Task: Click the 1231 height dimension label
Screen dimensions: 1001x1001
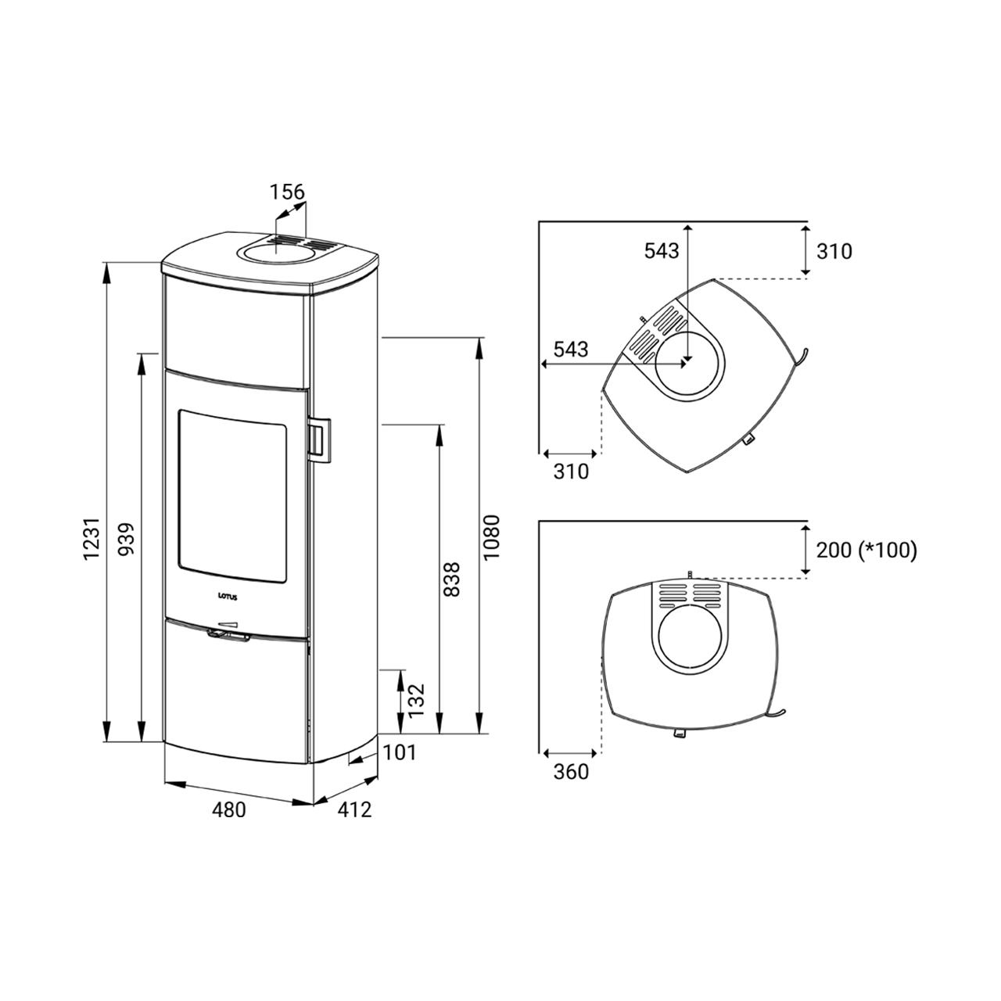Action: tap(92, 539)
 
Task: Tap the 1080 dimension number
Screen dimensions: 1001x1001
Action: tap(491, 537)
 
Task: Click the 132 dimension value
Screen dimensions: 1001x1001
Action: tap(416, 700)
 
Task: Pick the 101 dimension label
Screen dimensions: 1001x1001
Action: tap(400, 752)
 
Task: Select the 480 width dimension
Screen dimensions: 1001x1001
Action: tap(228, 810)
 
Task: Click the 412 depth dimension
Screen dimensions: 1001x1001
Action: tap(355, 810)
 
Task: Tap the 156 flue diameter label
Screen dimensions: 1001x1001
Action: tap(287, 192)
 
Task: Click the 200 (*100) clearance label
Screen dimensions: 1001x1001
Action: tap(866, 551)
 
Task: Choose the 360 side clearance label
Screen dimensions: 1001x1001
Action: tap(570, 772)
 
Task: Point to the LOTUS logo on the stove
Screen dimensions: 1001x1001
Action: tap(228, 596)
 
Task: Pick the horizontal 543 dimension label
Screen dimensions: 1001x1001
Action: tap(570, 350)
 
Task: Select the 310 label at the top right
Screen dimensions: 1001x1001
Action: tap(834, 251)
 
